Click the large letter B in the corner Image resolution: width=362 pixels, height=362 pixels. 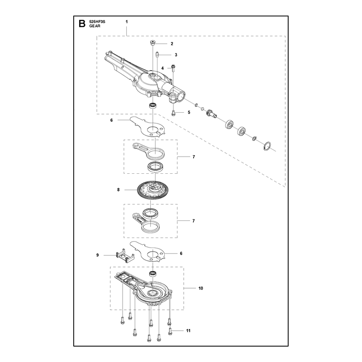(x=82, y=24)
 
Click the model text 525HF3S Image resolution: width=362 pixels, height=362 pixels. (x=97, y=22)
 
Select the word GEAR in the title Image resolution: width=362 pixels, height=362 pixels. (x=95, y=26)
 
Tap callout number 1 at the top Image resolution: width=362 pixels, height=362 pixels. (x=127, y=22)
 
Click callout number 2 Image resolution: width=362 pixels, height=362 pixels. (x=172, y=44)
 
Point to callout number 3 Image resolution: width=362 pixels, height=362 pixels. (x=176, y=55)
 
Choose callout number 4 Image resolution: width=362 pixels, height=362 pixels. (x=162, y=68)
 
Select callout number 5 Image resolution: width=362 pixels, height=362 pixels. (x=189, y=112)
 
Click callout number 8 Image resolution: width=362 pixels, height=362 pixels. (x=119, y=190)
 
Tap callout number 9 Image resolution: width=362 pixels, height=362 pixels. (x=97, y=255)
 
